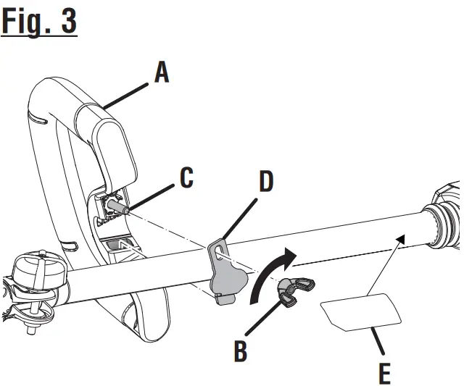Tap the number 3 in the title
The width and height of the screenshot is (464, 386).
(x=67, y=21)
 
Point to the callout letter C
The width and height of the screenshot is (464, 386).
(x=186, y=178)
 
